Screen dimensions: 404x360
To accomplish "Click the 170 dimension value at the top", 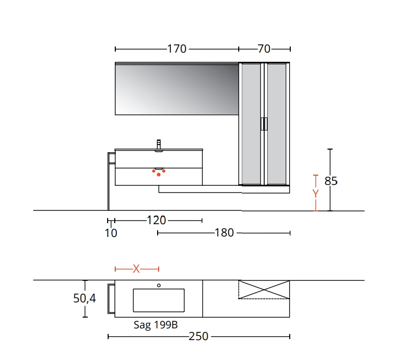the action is point(176,49).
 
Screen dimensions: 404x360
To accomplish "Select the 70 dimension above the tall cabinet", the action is point(264,49).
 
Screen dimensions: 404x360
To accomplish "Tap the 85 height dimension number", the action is point(331,181).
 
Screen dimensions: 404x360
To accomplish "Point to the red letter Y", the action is point(316,194).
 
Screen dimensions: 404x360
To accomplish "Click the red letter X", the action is point(136,269).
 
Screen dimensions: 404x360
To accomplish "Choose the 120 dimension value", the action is point(157,220).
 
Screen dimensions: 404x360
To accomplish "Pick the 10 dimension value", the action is point(111,233).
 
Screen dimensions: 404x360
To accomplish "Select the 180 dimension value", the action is point(224,233).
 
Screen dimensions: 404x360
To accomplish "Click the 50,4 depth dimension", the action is point(85,298).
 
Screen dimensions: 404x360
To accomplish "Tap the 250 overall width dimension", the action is point(198,337).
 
